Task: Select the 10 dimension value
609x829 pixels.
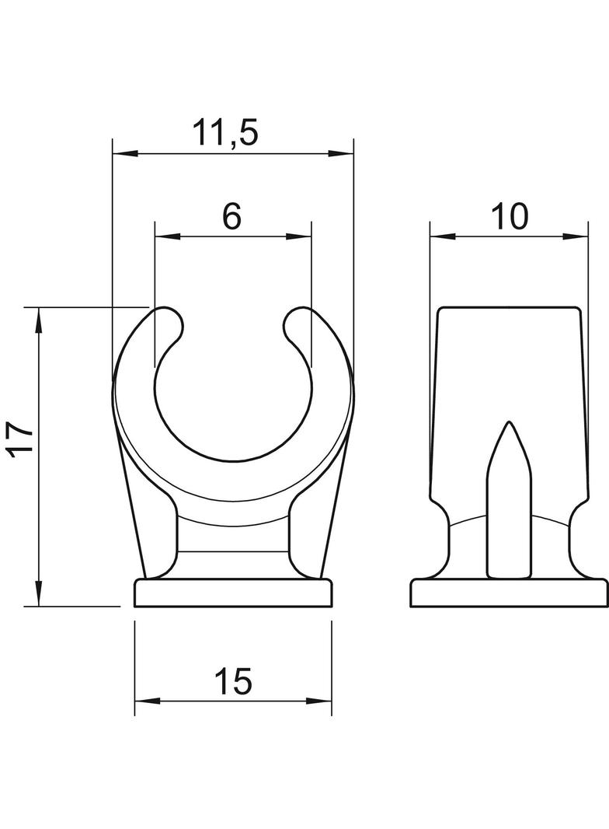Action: [x=509, y=216]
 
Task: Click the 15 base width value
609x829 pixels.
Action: [x=234, y=681]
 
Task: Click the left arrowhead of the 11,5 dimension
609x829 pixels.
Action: [x=125, y=154]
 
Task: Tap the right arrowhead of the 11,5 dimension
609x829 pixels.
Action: [x=341, y=154]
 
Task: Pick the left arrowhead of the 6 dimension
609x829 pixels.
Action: [x=168, y=236]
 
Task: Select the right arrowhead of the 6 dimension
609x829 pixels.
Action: [x=299, y=236]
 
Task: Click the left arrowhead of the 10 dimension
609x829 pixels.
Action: [x=443, y=236]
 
